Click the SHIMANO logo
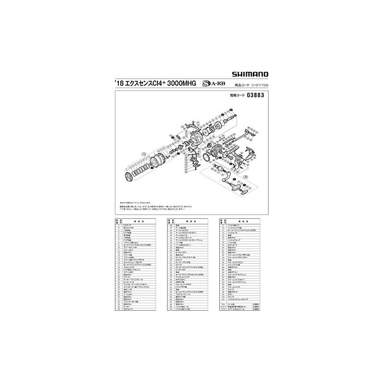tap(248, 74)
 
